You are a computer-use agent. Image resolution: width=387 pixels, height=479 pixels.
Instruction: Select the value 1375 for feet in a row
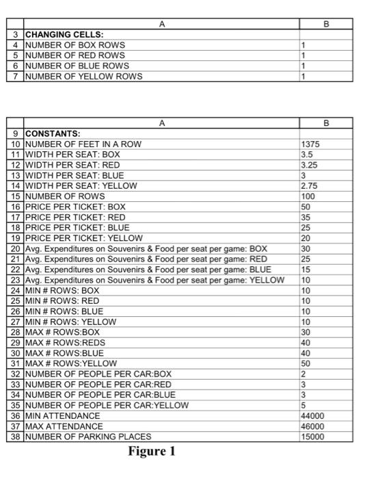(310, 144)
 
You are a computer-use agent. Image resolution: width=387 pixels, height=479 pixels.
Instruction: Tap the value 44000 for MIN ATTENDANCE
(312, 415)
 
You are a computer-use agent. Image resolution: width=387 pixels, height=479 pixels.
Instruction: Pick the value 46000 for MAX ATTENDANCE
(312, 426)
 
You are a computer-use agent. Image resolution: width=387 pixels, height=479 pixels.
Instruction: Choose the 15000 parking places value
(312, 437)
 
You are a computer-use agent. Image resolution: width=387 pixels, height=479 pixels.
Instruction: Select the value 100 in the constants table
(308, 196)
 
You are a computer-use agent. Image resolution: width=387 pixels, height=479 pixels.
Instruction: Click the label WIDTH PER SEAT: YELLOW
(81, 185)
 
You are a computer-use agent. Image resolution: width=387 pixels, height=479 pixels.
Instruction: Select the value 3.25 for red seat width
(310, 165)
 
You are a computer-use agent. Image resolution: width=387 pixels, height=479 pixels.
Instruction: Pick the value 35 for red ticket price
(306, 217)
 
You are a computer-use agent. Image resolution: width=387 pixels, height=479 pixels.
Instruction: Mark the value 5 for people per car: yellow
(304, 405)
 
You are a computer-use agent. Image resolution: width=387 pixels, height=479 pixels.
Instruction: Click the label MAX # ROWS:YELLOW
(71, 363)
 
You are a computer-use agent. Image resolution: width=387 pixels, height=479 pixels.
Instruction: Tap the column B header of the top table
(326, 24)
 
